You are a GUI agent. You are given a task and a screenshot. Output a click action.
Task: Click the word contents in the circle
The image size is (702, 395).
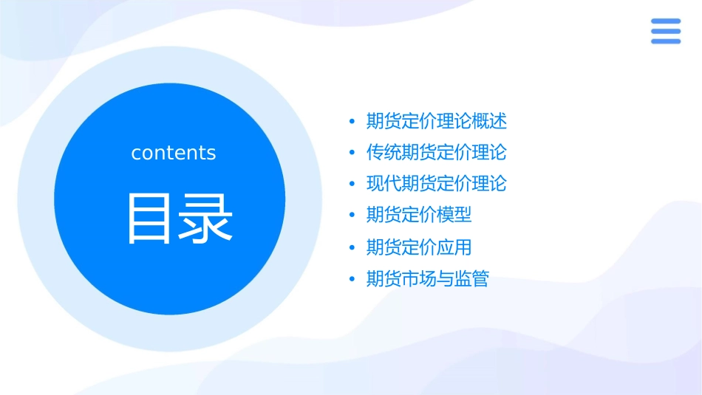(x=174, y=153)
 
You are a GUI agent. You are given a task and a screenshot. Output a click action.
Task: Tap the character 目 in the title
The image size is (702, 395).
(x=151, y=218)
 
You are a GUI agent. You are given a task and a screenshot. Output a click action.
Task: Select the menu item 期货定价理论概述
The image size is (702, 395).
(x=437, y=121)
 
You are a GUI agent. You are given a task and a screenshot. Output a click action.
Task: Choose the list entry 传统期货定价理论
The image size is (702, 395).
(x=437, y=153)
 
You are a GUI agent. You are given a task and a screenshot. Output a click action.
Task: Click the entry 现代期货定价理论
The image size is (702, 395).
(x=437, y=184)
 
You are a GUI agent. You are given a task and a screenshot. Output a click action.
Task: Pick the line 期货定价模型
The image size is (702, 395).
(x=419, y=215)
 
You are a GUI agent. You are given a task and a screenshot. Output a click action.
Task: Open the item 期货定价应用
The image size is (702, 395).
(x=419, y=247)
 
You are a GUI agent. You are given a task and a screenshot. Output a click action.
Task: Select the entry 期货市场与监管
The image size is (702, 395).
(x=428, y=279)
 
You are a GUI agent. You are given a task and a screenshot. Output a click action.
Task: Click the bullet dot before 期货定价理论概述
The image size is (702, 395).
(x=352, y=121)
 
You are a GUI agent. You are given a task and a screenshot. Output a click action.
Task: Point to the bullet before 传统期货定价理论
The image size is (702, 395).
(x=352, y=153)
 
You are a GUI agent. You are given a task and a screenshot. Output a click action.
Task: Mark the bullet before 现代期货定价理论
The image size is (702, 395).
(x=352, y=184)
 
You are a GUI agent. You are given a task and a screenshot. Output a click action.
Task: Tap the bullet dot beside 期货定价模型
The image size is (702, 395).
(x=352, y=215)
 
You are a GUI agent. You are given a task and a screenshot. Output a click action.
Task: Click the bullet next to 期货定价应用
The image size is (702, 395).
(x=352, y=247)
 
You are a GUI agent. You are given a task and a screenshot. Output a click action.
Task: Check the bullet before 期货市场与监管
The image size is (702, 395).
(x=352, y=279)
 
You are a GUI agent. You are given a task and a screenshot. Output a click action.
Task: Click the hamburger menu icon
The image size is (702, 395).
(x=666, y=31)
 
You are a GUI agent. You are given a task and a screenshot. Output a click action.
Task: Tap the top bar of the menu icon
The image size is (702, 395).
(x=666, y=21)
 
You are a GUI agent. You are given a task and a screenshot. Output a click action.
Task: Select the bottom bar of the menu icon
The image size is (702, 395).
(x=666, y=41)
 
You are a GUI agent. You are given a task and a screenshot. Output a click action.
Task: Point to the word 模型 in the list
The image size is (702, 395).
(x=454, y=215)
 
